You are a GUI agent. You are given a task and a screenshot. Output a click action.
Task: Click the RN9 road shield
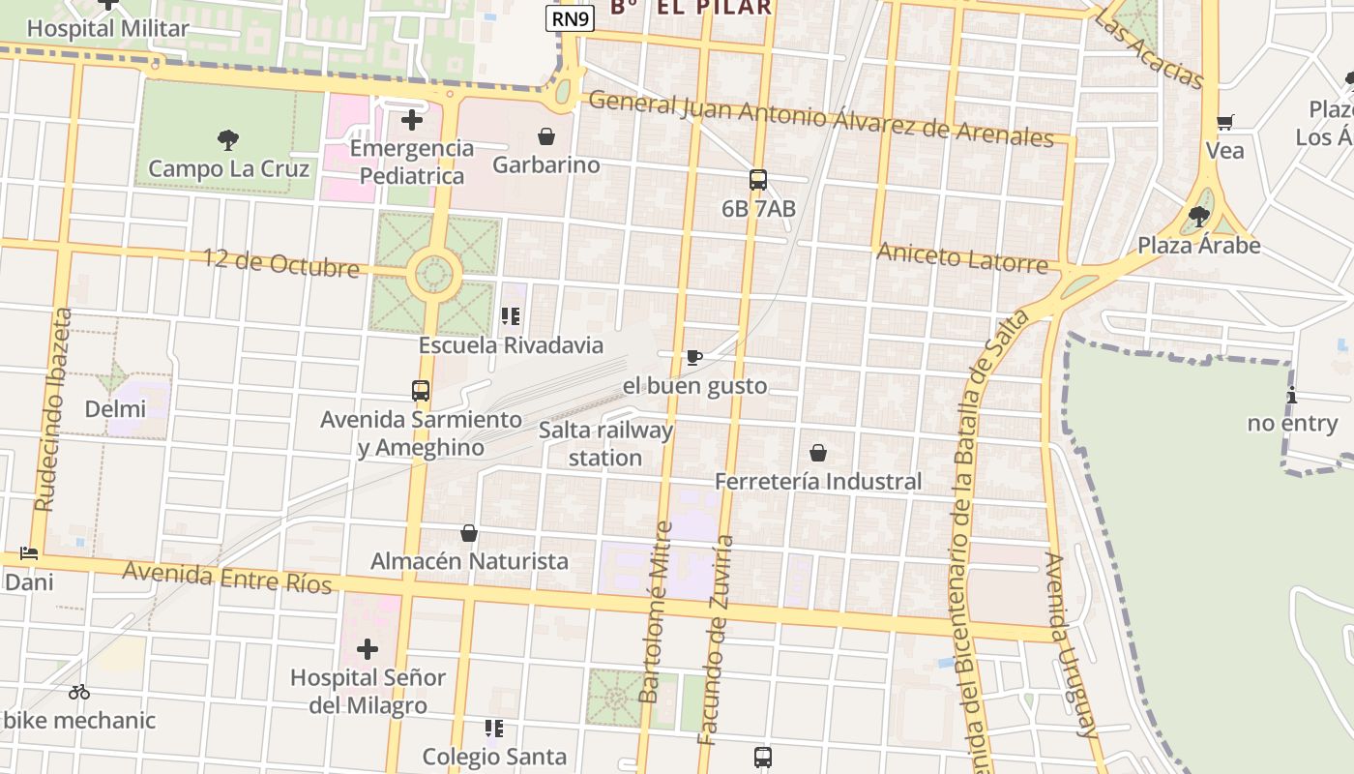(x=570, y=18)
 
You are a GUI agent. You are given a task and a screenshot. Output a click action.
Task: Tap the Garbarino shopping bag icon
(x=546, y=136)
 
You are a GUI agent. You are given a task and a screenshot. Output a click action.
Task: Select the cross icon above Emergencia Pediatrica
(x=412, y=120)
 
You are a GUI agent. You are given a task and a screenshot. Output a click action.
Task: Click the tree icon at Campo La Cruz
(x=228, y=140)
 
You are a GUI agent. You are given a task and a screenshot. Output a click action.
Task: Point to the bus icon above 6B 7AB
(x=758, y=180)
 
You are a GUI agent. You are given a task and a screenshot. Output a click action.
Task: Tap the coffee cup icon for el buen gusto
(x=693, y=358)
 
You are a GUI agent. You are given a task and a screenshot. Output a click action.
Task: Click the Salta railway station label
(x=606, y=443)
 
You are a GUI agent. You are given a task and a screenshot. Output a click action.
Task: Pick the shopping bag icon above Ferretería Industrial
(x=818, y=453)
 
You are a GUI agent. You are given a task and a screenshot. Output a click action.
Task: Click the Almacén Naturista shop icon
(x=469, y=533)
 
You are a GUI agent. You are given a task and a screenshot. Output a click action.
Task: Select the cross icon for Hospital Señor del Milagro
(x=368, y=649)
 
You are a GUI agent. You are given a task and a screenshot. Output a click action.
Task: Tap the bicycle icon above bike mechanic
(x=79, y=692)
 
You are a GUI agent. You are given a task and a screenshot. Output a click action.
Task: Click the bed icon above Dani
(x=29, y=554)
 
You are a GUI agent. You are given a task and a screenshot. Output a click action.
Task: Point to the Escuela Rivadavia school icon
(x=511, y=316)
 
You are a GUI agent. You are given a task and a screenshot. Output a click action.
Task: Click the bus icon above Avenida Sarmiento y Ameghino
(x=421, y=391)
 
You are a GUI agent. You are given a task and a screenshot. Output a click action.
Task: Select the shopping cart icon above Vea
(x=1224, y=122)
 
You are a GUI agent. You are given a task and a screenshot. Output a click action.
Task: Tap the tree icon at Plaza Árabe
(x=1199, y=216)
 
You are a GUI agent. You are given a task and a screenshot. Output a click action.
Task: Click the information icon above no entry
(x=1292, y=395)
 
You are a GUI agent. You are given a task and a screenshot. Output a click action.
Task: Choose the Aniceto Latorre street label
(x=962, y=258)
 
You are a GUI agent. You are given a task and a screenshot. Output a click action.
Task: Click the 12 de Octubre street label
(x=280, y=262)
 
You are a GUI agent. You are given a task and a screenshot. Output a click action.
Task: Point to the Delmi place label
(x=115, y=408)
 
